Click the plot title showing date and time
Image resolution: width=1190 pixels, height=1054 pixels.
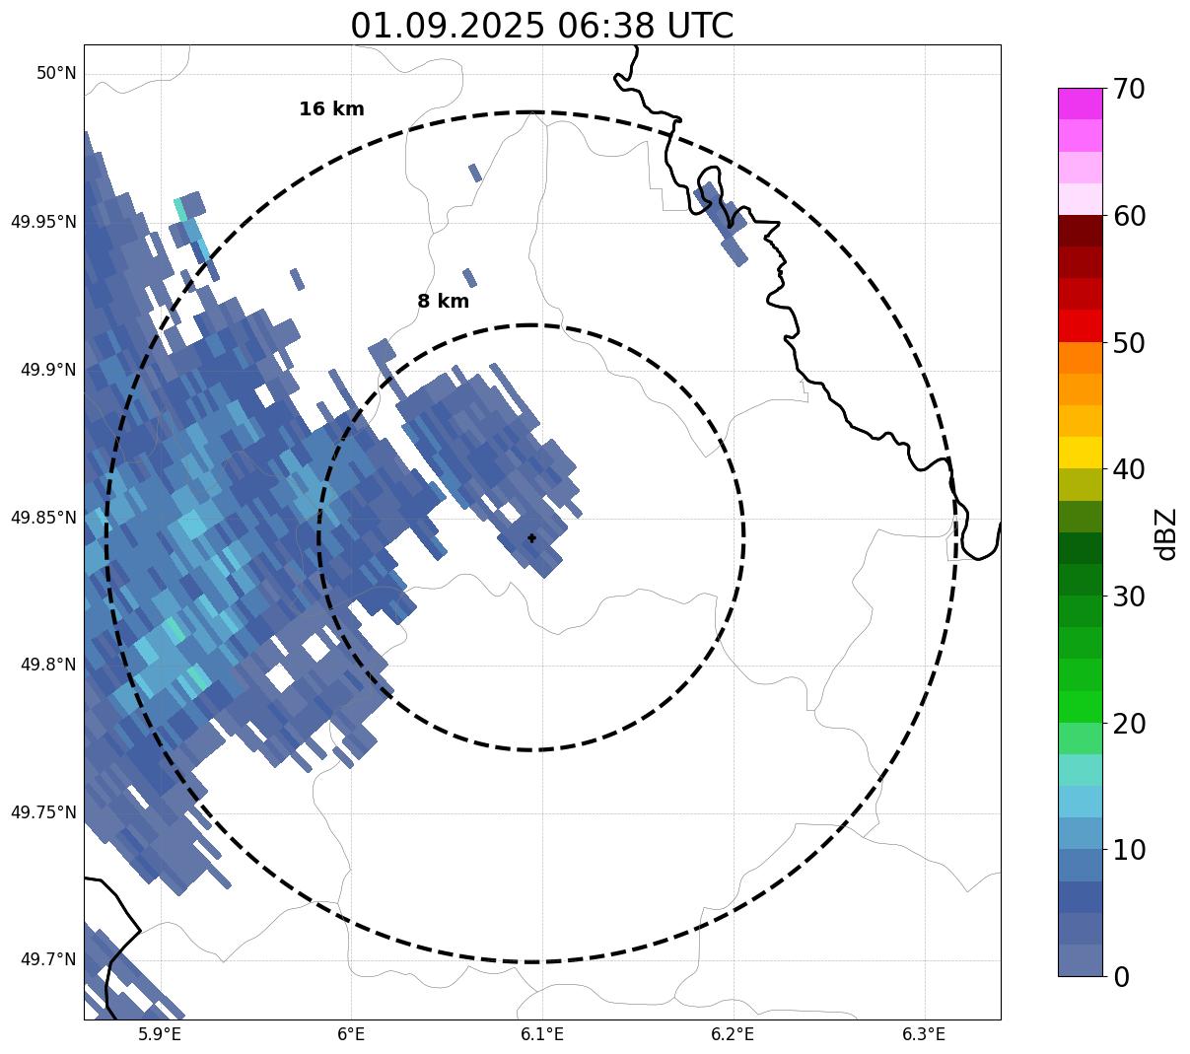tap(541, 26)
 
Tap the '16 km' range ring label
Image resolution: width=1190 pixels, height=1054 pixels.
tap(331, 109)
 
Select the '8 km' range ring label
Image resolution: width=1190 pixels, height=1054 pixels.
tap(443, 302)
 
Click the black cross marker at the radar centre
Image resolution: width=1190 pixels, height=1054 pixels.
tap(532, 538)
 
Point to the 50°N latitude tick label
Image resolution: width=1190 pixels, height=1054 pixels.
tap(56, 73)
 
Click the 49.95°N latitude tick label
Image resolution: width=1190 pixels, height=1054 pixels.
tap(43, 221)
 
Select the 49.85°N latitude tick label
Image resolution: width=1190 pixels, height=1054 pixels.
tap(43, 517)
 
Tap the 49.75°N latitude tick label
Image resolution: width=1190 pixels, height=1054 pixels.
tap(43, 812)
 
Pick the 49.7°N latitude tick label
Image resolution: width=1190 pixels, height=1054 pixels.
tap(48, 959)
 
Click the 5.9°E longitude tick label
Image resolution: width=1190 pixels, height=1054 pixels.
tap(160, 1034)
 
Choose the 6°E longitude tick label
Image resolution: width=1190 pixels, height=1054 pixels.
tap(351, 1034)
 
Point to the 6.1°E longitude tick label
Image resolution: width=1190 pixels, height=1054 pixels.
tap(542, 1034)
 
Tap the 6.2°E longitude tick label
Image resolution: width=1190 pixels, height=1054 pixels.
tap(733, 1034)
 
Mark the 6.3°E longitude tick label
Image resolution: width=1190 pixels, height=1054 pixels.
tap(924, 1034)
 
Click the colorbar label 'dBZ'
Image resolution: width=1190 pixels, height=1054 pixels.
tap(1166, 533)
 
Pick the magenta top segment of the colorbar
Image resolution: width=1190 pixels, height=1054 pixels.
tap(1080, 104)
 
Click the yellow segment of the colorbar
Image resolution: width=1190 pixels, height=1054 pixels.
tap(1080, 453)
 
